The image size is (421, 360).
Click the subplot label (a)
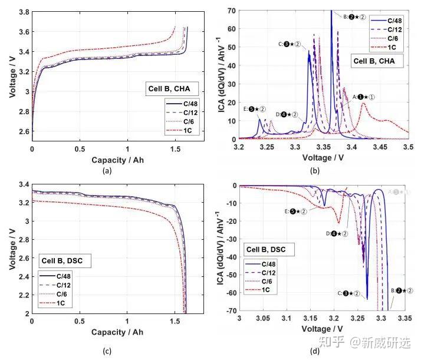(x=106, y=171)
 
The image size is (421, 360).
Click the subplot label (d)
(x=315, y=352)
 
